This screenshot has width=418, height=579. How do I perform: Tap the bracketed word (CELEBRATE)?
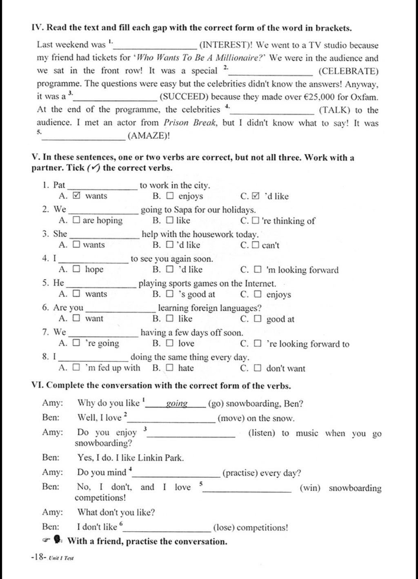point(348,71)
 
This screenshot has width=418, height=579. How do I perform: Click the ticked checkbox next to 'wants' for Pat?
point(76,196)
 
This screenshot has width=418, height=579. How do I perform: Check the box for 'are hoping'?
point(76,220)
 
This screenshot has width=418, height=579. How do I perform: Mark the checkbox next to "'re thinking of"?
point(255,221)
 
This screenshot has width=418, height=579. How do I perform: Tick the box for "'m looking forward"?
point(258,270)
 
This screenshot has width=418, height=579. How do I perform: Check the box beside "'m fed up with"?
point(76,368)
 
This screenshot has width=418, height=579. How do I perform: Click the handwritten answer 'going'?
point(177,404)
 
